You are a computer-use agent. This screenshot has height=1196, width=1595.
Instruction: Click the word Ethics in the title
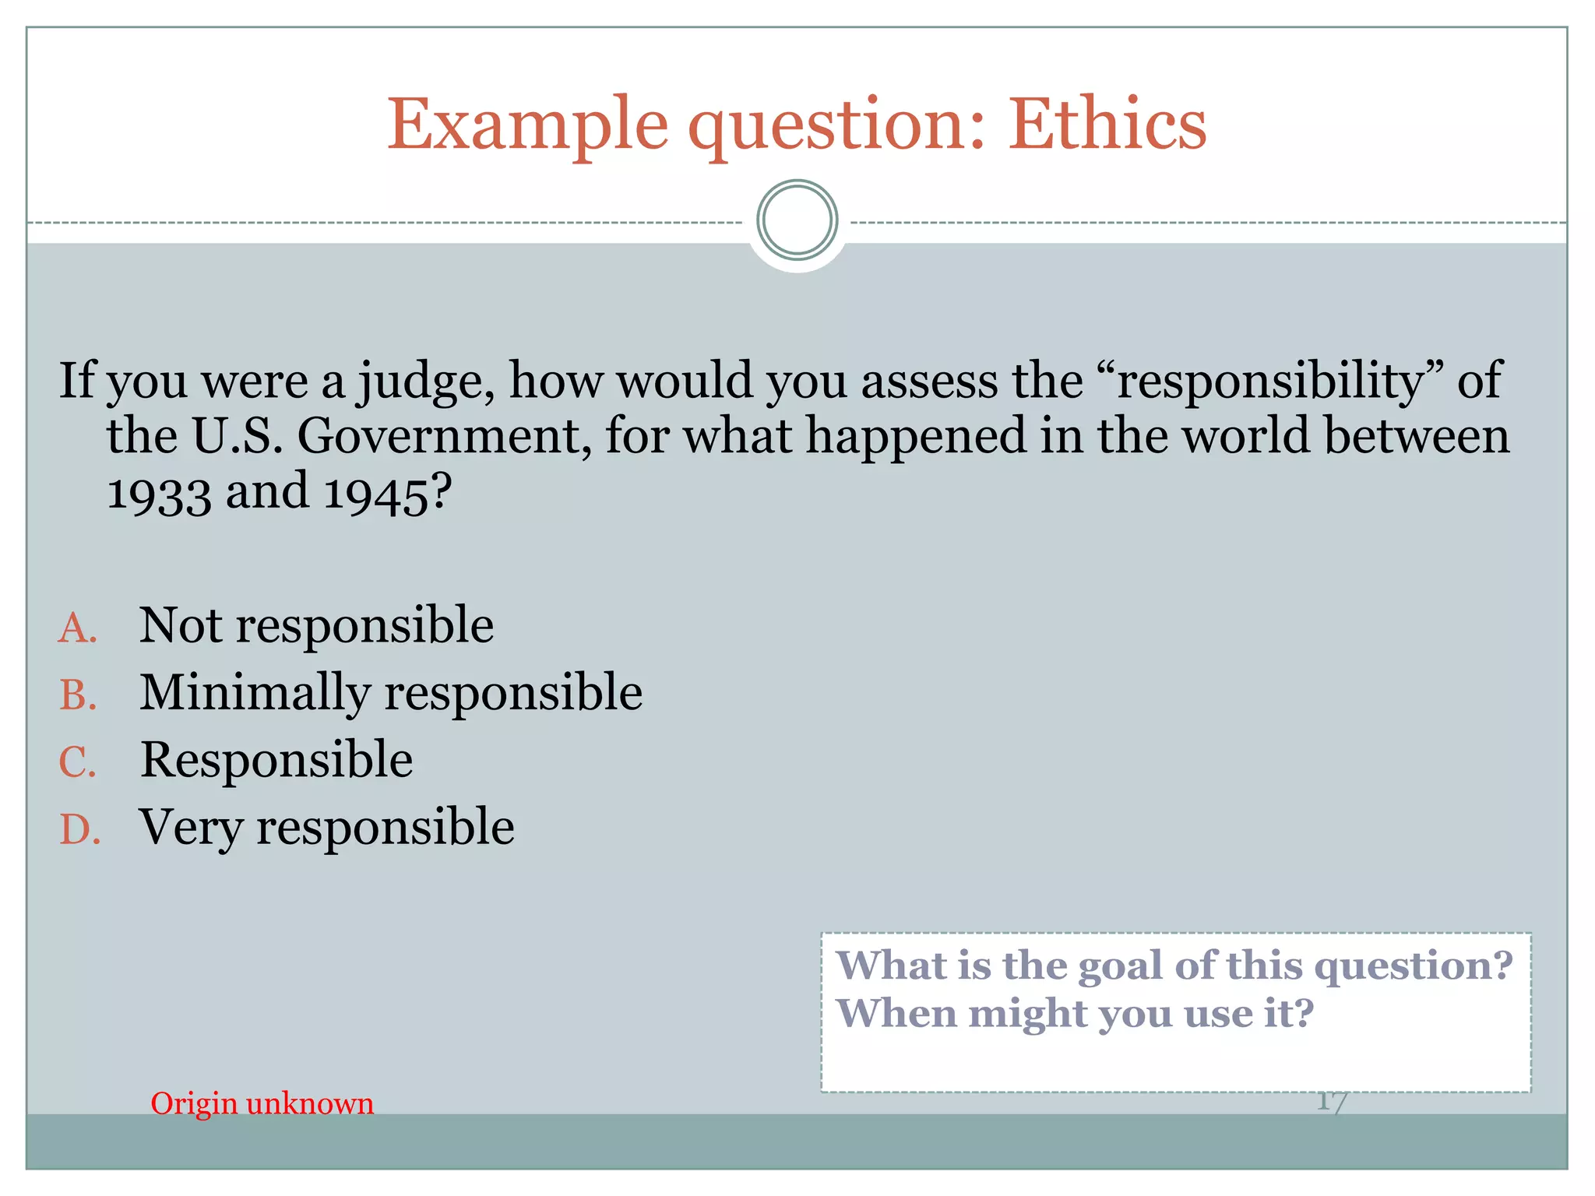1107,125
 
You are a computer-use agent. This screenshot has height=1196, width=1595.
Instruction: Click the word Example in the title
527,125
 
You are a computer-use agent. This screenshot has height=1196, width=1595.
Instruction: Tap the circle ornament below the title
797,220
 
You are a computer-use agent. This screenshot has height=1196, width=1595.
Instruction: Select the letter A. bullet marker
78,628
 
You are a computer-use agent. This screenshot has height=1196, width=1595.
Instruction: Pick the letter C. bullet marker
78,762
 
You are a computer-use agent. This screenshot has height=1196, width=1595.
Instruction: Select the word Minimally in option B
255,693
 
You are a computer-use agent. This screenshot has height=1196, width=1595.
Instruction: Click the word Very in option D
191,827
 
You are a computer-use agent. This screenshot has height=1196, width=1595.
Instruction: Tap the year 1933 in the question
159,494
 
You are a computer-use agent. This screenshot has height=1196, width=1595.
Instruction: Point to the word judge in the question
425,382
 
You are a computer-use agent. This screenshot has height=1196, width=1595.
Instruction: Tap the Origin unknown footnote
262,1103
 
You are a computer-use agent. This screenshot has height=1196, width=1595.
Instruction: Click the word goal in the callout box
1121,966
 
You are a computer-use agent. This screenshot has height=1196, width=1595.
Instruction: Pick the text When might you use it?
1075,1014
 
